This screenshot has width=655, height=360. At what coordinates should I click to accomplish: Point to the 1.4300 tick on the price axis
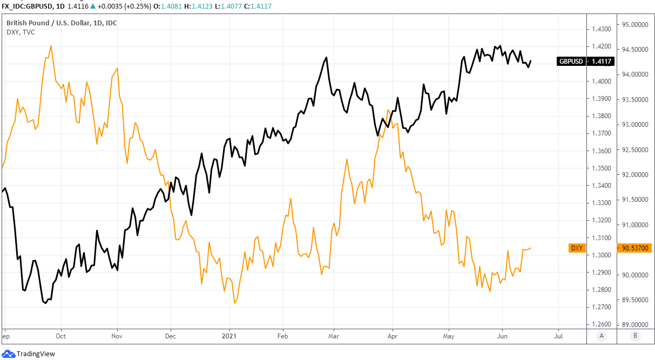pyautogui.click(x=601, y=29)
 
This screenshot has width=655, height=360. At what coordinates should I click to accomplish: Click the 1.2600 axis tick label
pyautogui.click(x=601, y=324)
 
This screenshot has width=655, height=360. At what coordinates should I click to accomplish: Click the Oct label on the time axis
pyautogui.click(x=61, y=336)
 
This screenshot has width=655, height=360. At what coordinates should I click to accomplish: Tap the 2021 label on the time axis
pyautogui.click(x=229, y=336)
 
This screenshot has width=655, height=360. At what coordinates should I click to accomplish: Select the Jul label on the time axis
pyautogui.click(x=558, y=336)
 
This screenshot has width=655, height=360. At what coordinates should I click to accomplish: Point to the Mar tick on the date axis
pyautogui.click(x=334, y=336)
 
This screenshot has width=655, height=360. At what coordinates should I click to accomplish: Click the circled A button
pyautogui.click(x=602, y=336)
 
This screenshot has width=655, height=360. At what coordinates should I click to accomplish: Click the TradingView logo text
pyautogui.click(x=36, y=354)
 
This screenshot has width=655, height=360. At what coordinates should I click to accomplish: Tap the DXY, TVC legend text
pyautogui.click(x=21, y=32)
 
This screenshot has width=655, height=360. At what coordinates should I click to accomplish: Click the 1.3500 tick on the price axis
pyautogui.click(x=601, y=168)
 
